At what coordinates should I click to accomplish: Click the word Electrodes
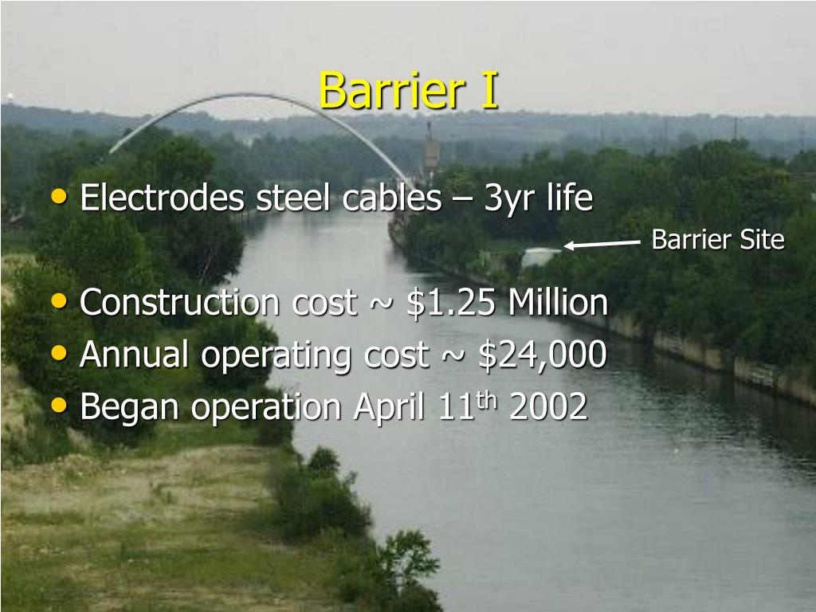pos(162,198)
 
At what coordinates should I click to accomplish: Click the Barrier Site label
pos(718,240)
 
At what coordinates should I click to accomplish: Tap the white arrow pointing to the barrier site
pos(602,245)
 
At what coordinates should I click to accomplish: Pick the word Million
pos(558,303)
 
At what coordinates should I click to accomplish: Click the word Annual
pos(135,355)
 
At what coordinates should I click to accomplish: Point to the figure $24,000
pos(542,355)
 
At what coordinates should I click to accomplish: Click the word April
pos(391,409)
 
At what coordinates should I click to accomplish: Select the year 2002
pos(547,407)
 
